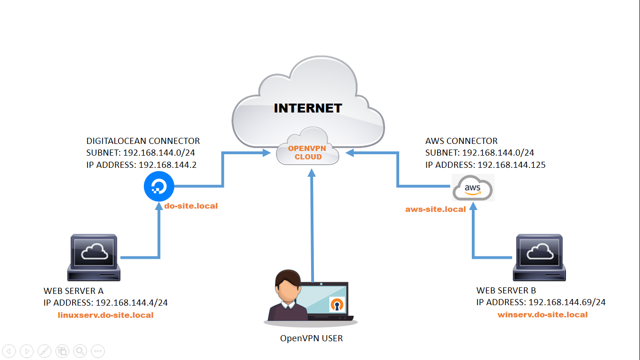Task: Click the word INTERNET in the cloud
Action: point(308,108)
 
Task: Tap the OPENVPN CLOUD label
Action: point(307,153)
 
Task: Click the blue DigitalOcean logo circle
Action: point(159,187)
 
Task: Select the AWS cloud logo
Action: point(473,188)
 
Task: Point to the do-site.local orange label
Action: point(191,206)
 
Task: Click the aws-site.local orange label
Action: point(435,209)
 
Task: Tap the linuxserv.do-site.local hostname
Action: point(105,315)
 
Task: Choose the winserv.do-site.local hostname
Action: point(542,315)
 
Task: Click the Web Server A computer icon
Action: point(94,257)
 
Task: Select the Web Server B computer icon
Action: point(539,257)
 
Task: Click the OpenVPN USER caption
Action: point(311,338)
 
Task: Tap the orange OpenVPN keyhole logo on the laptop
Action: point(337,304)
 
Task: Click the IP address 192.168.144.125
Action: point(512,165)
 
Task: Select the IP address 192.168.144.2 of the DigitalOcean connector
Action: point(167,165)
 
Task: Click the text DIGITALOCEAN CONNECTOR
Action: point(143,141)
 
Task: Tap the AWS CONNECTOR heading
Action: point(461,141)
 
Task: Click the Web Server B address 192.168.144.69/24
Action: point(567,302)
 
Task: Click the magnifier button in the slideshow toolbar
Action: point(80,351)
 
